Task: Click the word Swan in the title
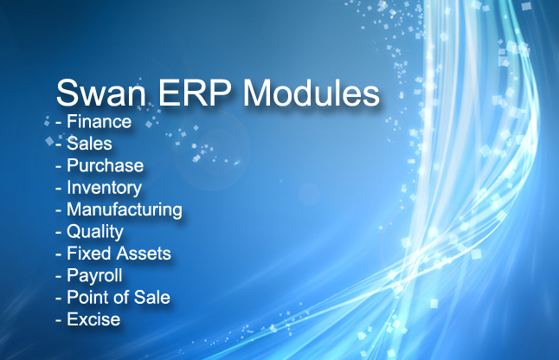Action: click(101, 93)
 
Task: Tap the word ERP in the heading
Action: click(195, 93)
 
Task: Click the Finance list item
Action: click(100, 121)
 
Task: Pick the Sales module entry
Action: click(89, 144)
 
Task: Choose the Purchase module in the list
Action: click(106, 165)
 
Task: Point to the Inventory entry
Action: click(105, 188)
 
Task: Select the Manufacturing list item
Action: click(125, 210)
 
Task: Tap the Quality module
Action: click(95, 232)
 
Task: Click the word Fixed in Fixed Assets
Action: click(89, 254)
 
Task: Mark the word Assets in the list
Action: click(144, 254)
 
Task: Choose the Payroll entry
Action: click(94, 276)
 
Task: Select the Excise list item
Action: click(93, 319)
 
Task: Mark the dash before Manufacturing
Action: click(59, 211)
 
